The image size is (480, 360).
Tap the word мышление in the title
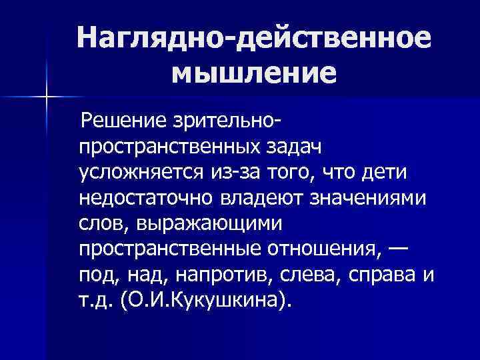pos(253,72)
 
